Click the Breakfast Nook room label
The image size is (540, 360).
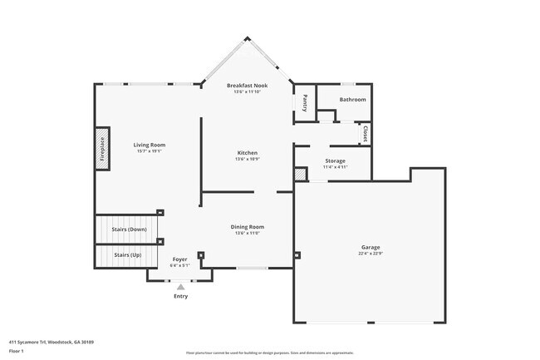pyautogui.click(x=247, y=86)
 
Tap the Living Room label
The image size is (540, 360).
pyautogui.click(x=150, y=145)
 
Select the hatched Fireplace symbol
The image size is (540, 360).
pyautogui.click(x=102, y=150)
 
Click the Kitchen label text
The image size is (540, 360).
pyautogui.click(x=248, y=153)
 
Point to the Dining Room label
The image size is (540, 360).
pyautogui.click(x=248, y=226)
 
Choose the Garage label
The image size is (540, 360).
pyautogui.click(x=371, y=247)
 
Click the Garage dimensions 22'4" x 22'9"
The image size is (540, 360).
pyautogui.click(x=371, y=254)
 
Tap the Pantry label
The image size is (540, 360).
pyautogui.click(x=305, y=103)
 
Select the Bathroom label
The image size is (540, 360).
pyautogui.click(x=353, y=100)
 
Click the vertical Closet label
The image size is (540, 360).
pyautogui.click(x=365, y=133)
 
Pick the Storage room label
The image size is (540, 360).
pyautogui.click(x=335, y=160)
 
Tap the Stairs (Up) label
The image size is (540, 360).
pyautogui.click(x=127, y=254)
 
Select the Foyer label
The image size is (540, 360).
pyautogui.click(x=180, y=259)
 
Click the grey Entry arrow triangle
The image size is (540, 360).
pyautogui.click(x=180, y=287)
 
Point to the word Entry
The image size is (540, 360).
pyautogui.click(x=180, y=297)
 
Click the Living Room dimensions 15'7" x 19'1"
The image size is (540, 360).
pyautogui.click(x=150, y=151)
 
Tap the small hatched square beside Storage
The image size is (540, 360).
pyautogui.click(x=300, y=175)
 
